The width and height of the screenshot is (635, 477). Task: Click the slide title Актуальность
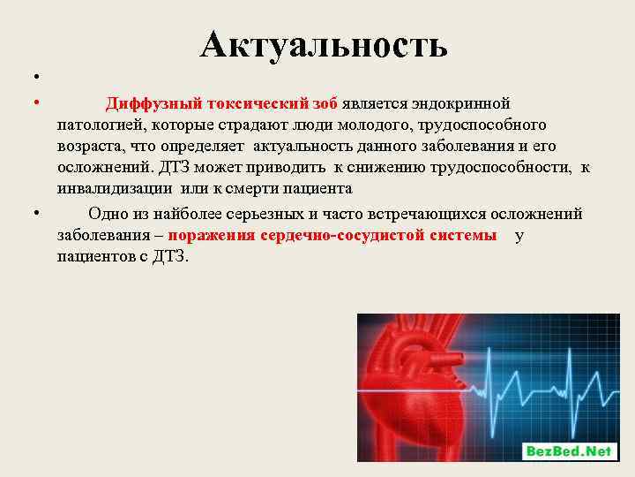[x=324, y=44]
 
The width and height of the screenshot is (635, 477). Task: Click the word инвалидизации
[x=114, y=188]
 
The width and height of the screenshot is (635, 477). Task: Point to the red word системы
[x=464, y=235]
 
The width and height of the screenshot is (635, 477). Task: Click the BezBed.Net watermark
[x=568, y=450]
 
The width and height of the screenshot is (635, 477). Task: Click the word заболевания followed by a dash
[x=105, y=235]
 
